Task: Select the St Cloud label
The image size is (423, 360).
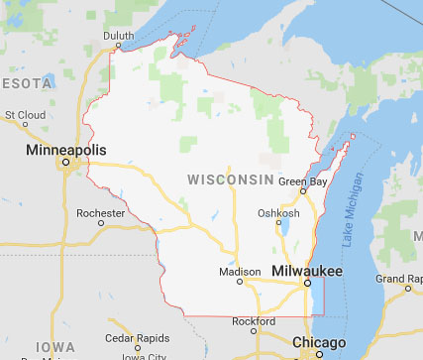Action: point(25,115)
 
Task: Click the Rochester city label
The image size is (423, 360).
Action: point(102,212)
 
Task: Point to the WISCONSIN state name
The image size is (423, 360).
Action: point(230,179)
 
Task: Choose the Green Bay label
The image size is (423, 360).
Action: point(303,181)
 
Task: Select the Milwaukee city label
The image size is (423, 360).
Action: point(307,270)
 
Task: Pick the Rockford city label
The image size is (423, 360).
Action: point(255,321)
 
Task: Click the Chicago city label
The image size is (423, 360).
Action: point(318,342)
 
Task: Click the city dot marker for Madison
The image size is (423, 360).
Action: point(240,282)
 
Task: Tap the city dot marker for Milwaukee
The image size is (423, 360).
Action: point(307,282)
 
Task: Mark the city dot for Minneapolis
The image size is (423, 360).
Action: point(65,161)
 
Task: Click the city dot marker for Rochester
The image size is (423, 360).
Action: point(100,223)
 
